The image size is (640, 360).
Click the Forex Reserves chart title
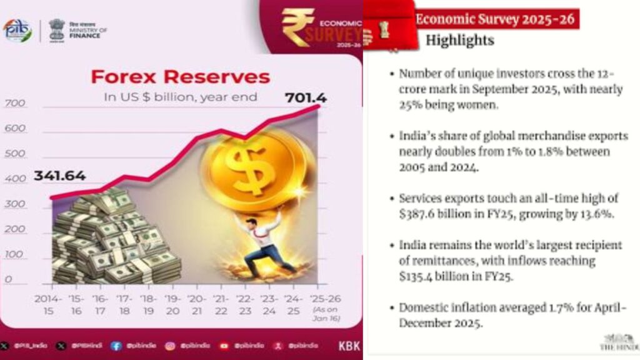click(180, 77)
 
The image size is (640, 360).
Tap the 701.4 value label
click(306, 97)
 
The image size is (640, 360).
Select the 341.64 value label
click(60, 176)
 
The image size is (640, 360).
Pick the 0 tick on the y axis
click(9, 279)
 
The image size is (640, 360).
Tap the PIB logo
click(17, 30)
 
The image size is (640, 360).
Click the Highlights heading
click(459, 41)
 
